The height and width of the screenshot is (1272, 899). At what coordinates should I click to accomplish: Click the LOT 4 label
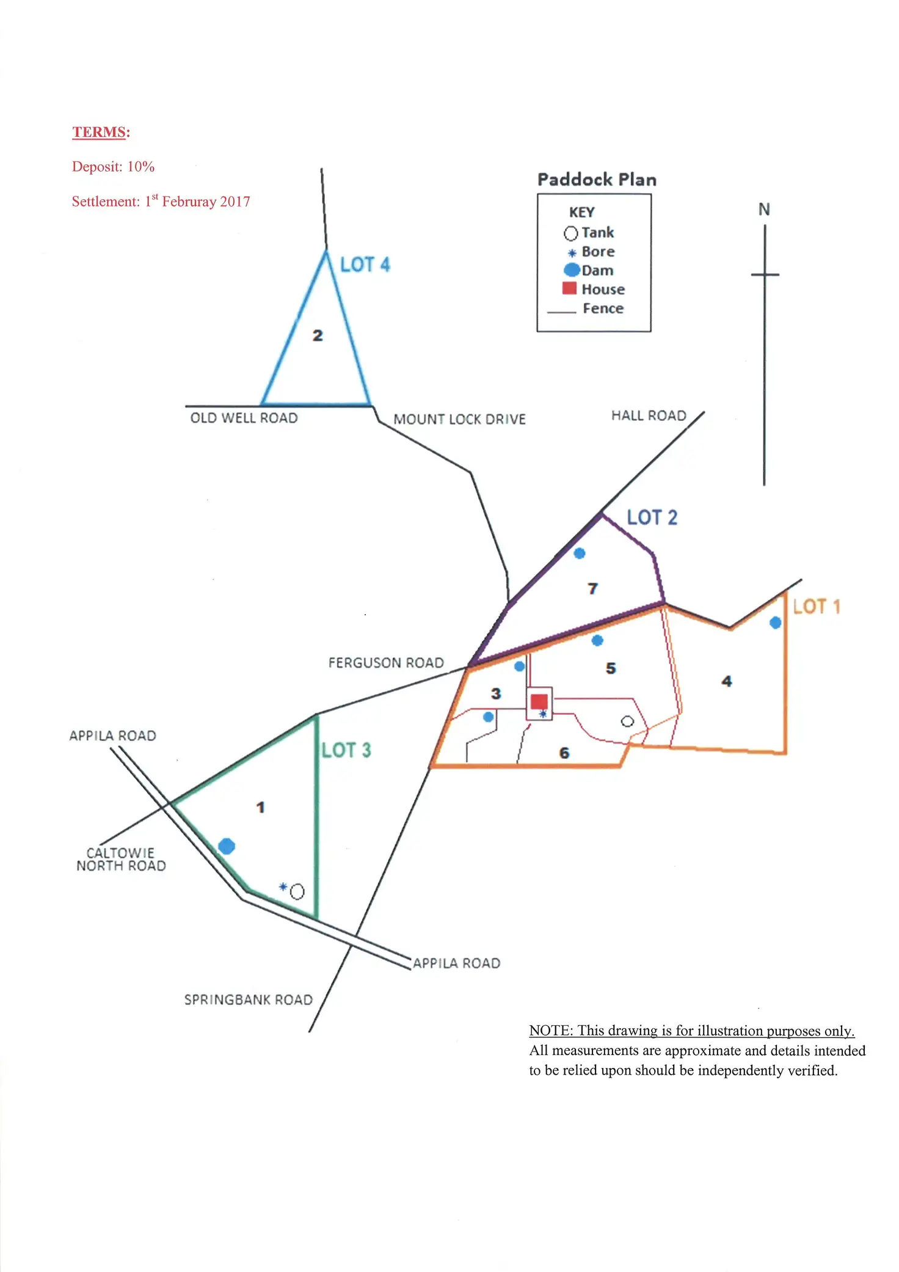[365, 265]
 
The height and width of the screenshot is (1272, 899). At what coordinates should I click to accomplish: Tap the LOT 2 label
[652, 517]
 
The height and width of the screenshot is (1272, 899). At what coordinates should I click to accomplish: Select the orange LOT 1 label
[816, 607]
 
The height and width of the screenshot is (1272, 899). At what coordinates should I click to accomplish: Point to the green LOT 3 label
[346, 750]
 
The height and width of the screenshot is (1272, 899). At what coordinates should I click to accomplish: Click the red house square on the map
[539, 701]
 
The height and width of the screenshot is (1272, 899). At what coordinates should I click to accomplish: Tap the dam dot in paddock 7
[580, 554]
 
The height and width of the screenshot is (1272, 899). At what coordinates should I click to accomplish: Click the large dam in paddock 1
[227, 846]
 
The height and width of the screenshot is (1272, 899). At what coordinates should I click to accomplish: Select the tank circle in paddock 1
[297, 892]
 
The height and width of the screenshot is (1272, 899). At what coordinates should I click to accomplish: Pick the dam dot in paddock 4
[776, 623]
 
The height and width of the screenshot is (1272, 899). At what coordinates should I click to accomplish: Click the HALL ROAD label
[649, 416]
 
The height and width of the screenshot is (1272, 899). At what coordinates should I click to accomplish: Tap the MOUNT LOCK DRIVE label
[459, 420]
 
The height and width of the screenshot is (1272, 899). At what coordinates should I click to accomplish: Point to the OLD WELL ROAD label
[244, 419]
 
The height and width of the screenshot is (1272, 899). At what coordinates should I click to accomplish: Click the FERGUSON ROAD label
[386, 663]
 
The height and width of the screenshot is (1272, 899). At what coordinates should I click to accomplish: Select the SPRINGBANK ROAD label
[249, 1000]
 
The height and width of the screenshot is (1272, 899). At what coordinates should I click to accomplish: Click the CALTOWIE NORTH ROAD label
[121, 860]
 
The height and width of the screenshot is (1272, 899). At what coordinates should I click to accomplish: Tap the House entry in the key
[602, 289]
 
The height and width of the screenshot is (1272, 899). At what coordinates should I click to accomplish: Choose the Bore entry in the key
[597, 252]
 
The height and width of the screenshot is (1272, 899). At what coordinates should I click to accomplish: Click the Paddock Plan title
[597, 180]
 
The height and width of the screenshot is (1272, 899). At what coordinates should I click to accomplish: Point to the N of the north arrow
[764, 210]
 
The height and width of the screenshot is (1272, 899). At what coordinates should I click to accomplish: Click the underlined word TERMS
[99, 132]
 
